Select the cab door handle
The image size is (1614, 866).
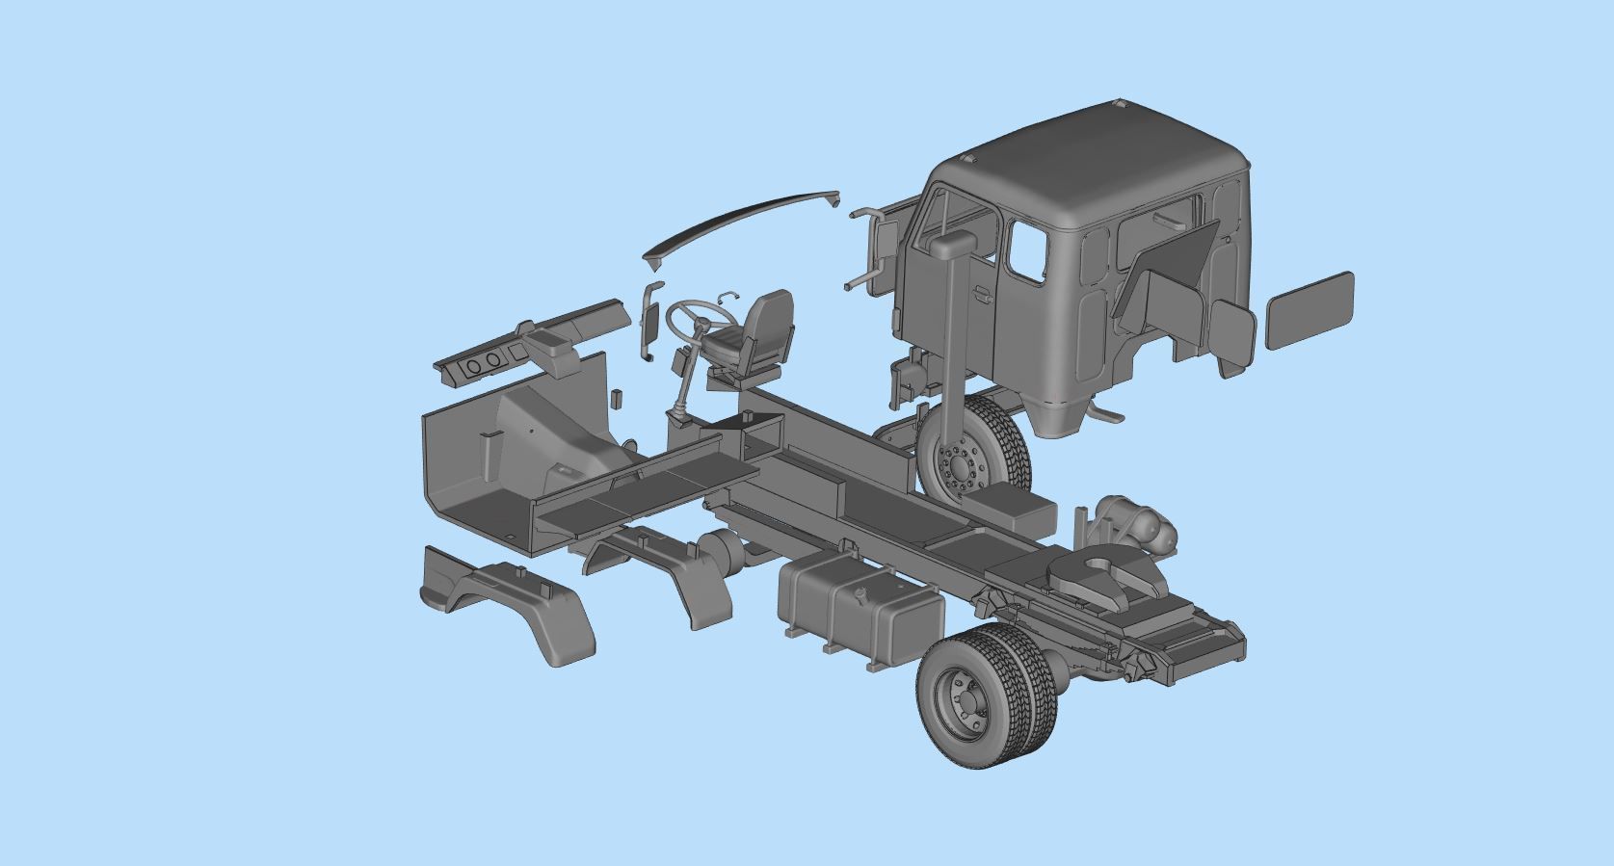pyautogui.click(x=982, y=296)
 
